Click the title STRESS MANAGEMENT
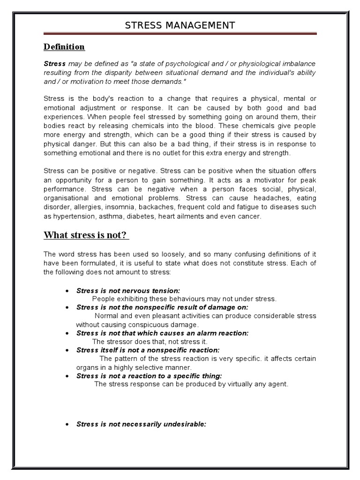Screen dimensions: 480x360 [180, 25]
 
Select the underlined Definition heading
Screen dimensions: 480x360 [64, 47]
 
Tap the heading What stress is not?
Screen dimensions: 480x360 [86, 235]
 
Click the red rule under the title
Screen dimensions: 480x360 [180, 34]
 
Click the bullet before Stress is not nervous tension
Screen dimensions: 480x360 [67, 291]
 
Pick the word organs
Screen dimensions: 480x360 [87, 367]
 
